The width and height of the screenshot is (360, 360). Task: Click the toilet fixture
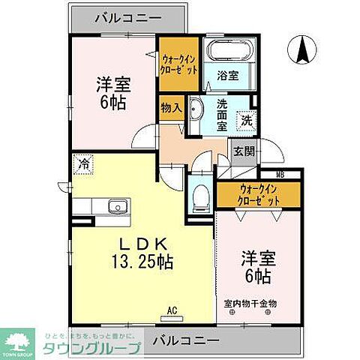point(200,196)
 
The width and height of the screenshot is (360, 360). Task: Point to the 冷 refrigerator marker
point(79,162)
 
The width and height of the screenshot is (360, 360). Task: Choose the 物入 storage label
point(171,106)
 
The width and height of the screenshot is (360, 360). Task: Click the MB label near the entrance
point(279,175)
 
